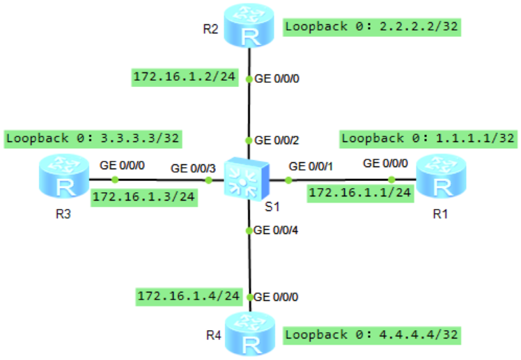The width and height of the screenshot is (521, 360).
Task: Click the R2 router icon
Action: [x=249, y=26]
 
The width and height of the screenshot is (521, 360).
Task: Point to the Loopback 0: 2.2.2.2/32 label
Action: [x=373, y=27]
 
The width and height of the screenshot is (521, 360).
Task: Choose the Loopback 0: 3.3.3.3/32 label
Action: [x=93, y=138]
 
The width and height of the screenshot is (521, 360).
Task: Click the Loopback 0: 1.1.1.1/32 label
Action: [x=428, y=138]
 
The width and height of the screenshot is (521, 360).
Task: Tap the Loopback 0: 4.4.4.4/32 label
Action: [x=373, y=334]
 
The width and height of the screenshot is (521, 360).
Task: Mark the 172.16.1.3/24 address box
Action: [x=144, y=196]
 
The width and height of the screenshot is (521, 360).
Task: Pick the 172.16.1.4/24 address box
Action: [x=189, y=296]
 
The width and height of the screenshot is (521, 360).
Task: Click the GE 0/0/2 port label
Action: [x=277, y=140]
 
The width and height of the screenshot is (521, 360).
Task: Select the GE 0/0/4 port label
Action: [x=277, y=230]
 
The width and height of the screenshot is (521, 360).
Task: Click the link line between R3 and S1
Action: [x=160, y=180]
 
